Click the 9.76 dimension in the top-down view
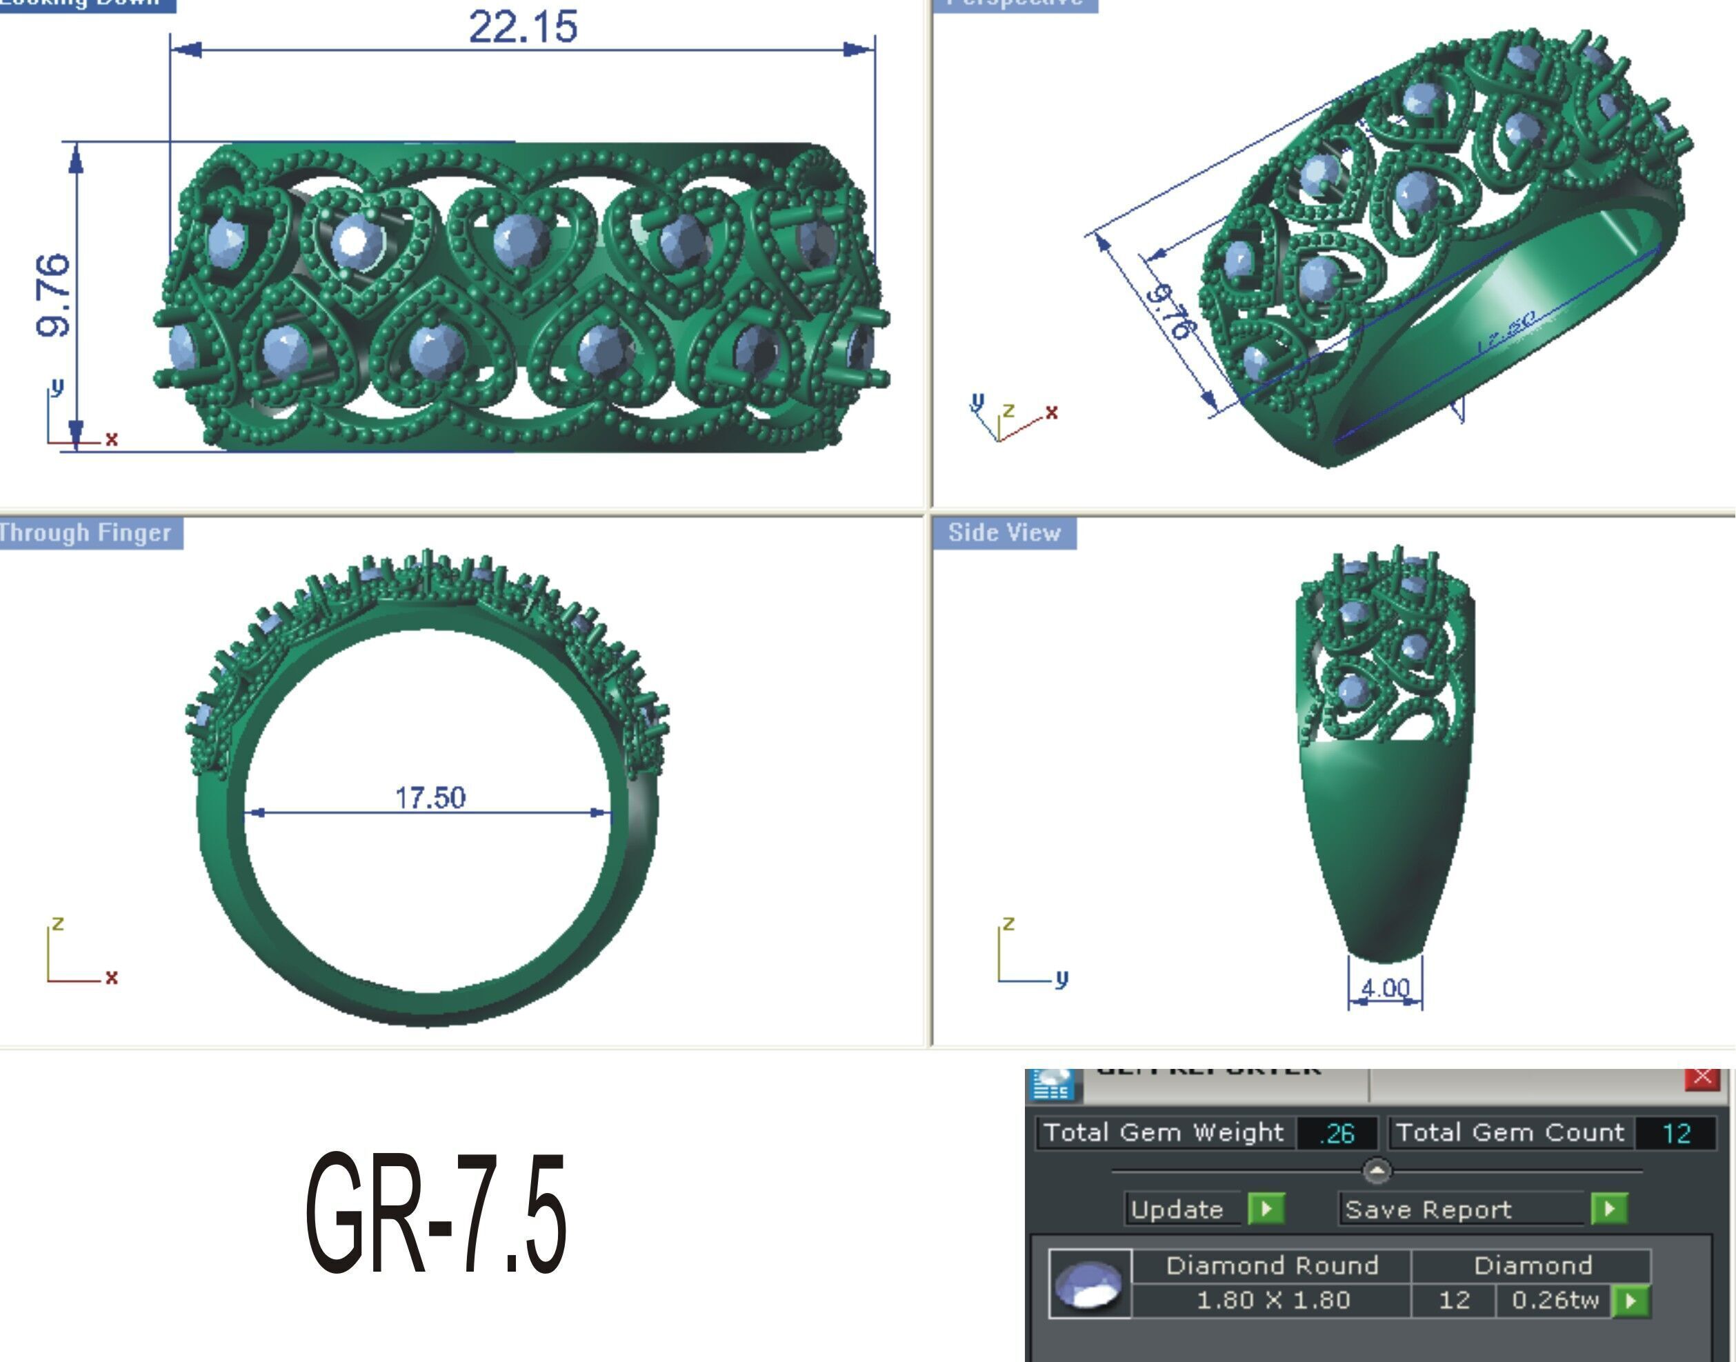(52, 295)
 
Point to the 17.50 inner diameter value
(430, 797)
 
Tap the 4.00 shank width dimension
(1385, 988)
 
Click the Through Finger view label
(86, 532)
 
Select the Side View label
(1004, 532)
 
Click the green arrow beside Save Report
(1608, 1209)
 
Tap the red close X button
(1702, 1076)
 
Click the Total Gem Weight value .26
(1337, 1133)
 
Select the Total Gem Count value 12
(1675, 1133)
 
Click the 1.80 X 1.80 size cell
(1273, 1301)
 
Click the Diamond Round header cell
(1272, 1265)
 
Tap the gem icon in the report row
(1089, 1284)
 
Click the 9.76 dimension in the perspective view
(1170, 311)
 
